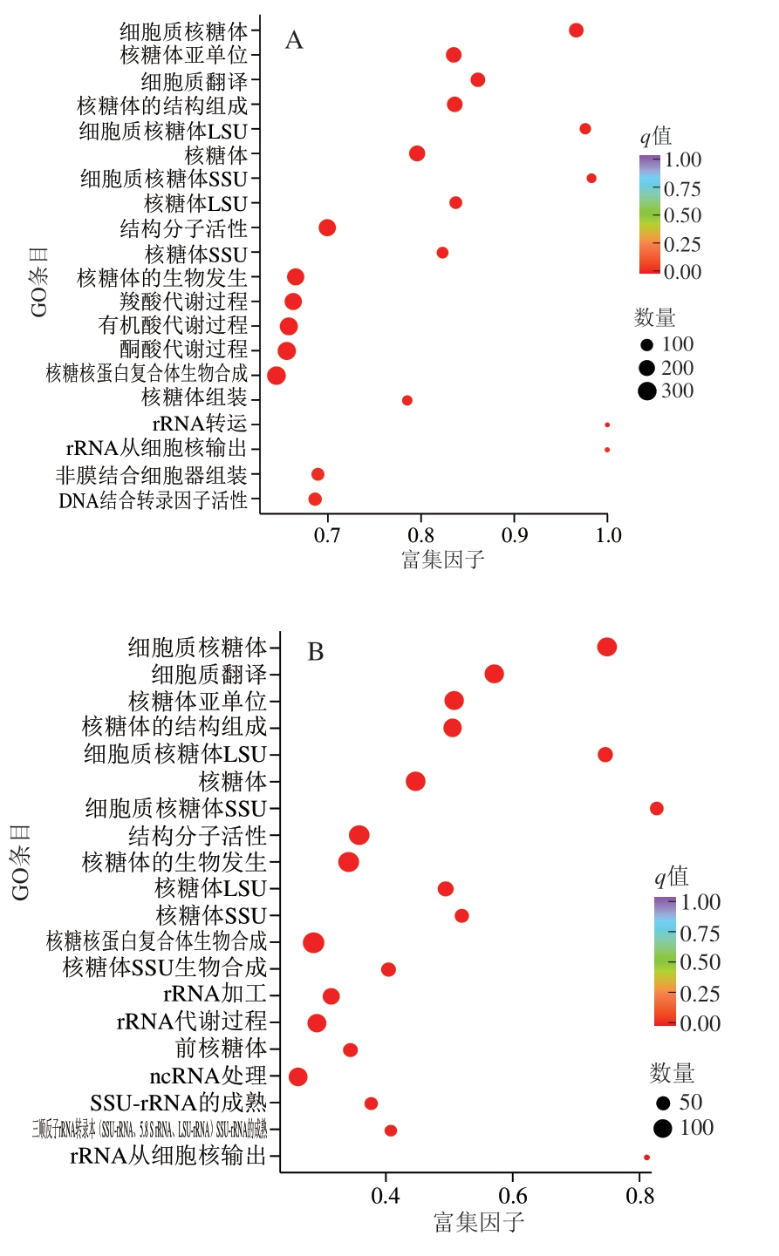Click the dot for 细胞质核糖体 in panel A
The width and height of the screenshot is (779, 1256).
point(576,31)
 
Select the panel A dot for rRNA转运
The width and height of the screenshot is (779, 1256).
point(607,425)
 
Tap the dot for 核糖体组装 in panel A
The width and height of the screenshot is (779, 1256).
point(407,400)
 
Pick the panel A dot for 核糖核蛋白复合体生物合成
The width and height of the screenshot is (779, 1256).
point(277,376)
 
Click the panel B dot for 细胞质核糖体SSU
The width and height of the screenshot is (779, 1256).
point(657,809)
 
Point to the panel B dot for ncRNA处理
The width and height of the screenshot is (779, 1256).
point(298,1076)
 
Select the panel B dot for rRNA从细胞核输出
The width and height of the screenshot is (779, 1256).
point(646,1158)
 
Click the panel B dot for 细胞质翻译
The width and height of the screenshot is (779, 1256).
point(495,674)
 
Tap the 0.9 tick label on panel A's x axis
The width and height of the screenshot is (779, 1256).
point(515,534)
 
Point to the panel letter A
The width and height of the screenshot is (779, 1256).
point(294,41)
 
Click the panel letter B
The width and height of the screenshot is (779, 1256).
point(315,652)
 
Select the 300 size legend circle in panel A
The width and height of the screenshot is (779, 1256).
point(646,390)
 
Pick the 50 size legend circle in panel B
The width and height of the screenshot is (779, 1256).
point(663,1103)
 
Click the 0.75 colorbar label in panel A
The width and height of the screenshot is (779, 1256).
point(682,189)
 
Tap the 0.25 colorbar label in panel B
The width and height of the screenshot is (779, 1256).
point(700,994)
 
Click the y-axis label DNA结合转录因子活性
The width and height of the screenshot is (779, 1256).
point(154,501)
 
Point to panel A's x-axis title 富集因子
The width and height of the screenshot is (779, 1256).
point(443,559)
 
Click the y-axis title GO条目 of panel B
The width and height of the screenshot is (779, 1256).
point(21,862)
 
